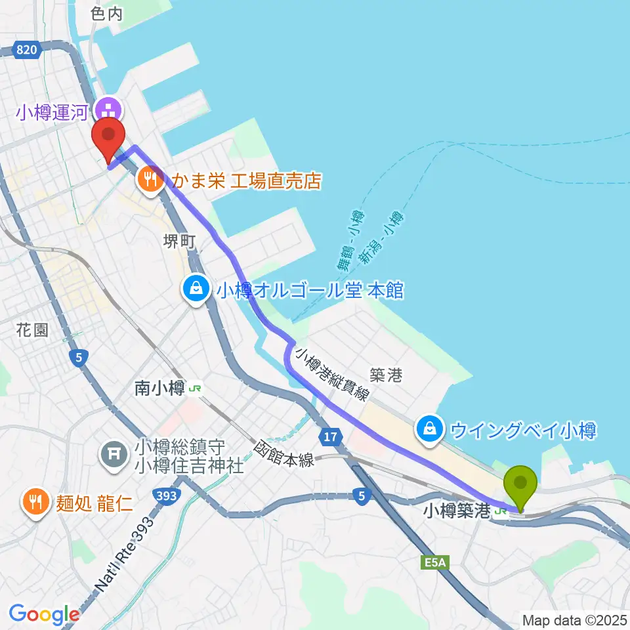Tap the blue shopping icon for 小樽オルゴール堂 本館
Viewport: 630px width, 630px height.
tap(196, 289)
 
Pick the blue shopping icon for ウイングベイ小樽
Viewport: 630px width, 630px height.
tap(429, 430)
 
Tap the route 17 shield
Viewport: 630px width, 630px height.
tap(331, 434)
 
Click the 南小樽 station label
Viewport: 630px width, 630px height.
tap(159, 388)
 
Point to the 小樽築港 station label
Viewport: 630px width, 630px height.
tap(457, 510)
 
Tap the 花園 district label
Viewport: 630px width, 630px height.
tap(32, 329)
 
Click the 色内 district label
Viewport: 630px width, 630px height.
tap(108, 14)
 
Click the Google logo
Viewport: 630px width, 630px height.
tap(44, 614)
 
